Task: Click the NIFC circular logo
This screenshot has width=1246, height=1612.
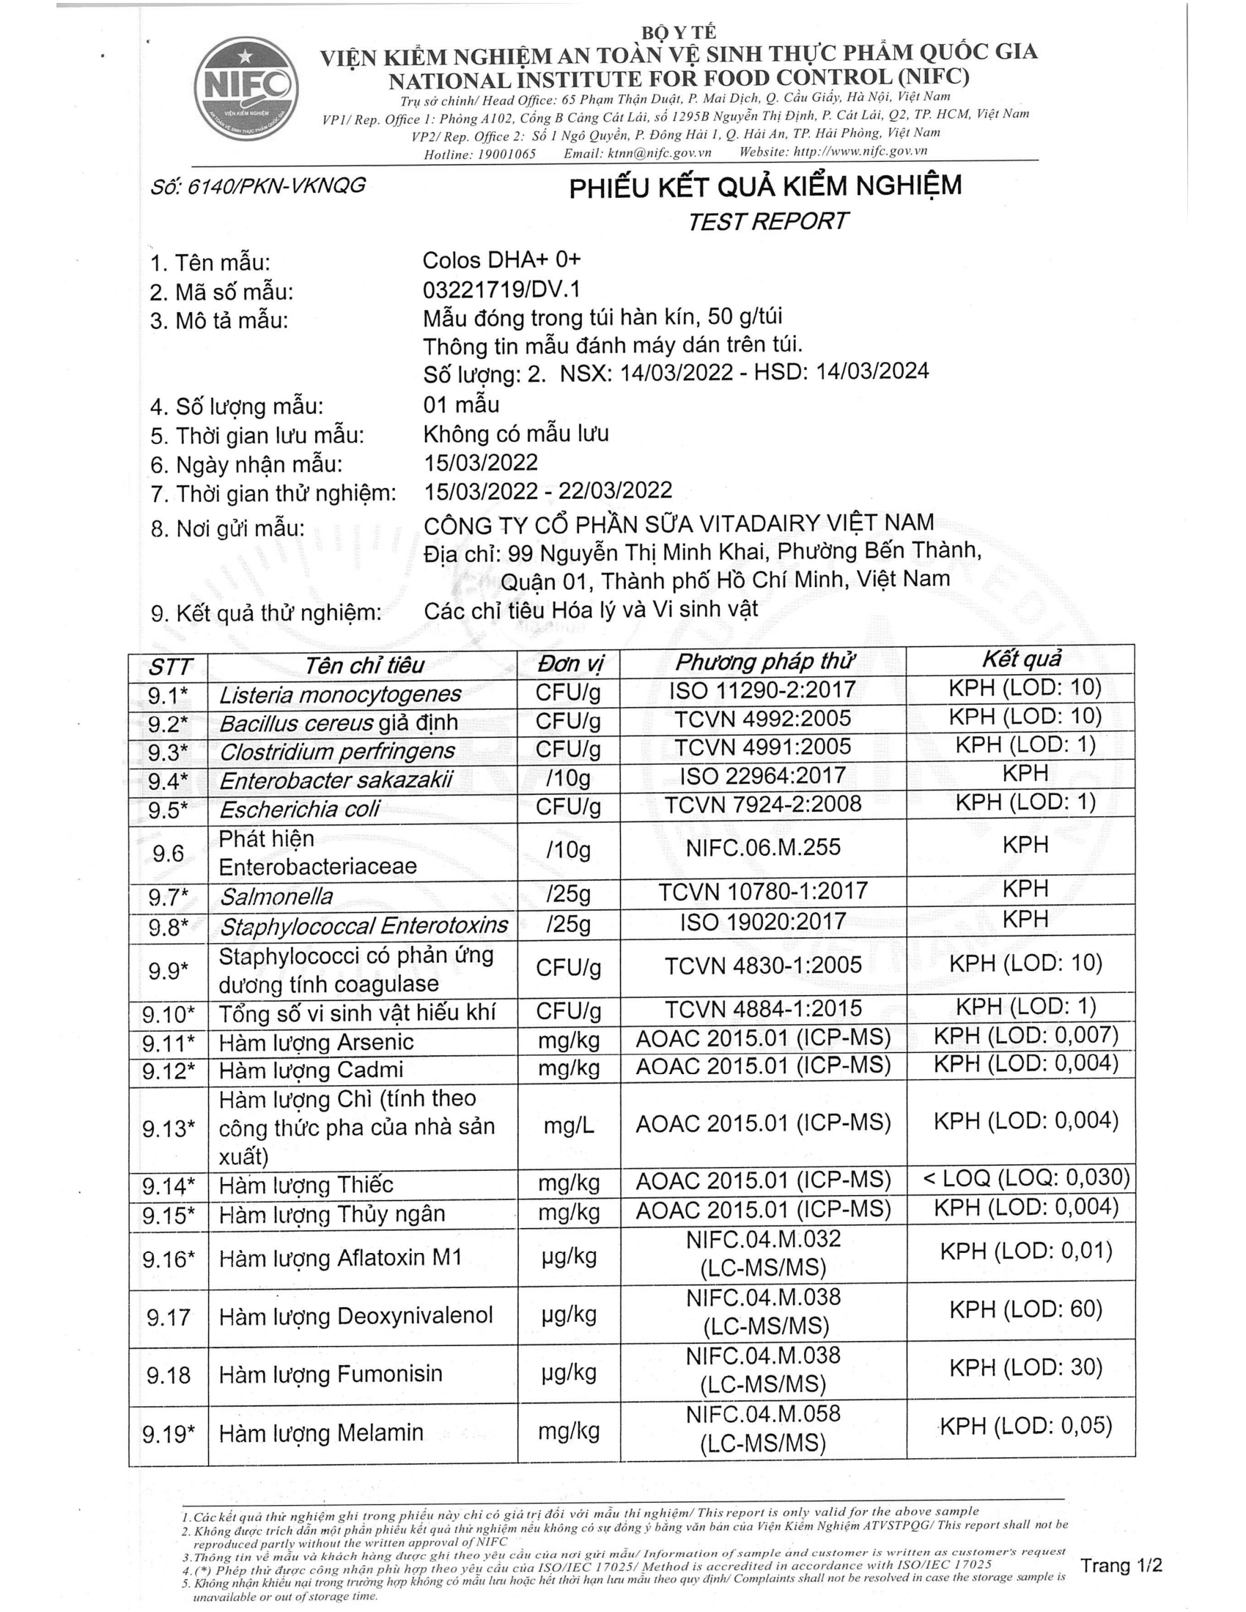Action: (x=246, y=88)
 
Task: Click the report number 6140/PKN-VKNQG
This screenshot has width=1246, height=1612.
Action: (x=257, y=185)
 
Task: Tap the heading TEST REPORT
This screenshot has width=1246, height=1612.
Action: (x=767, y=221)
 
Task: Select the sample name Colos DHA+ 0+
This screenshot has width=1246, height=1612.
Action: (x=501, y=260)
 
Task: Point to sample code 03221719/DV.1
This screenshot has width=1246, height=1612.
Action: (x=501, y=289)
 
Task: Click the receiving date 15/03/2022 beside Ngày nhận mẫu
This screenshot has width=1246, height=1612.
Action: (x=481, y=463)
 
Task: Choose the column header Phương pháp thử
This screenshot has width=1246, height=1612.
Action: (x=764, y=662)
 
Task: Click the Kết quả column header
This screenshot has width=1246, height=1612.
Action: (x=1021, y=659)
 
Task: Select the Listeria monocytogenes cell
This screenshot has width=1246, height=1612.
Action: (x=339, y=695)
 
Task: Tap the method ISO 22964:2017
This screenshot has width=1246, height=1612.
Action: (x=762, y=776)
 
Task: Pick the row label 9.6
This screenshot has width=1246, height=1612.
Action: (x=169, y=853)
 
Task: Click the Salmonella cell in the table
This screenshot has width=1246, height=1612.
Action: (x=276, y=897)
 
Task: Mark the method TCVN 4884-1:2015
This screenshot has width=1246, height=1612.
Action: (x=763, y=1009)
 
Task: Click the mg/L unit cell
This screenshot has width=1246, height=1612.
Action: (x=568, y=1126)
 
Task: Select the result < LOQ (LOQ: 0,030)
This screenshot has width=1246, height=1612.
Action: (x=1026, y=1177)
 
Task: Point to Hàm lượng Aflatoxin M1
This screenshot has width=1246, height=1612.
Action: (x=340, y=1257)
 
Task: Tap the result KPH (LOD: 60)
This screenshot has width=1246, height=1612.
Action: (x=1025, y=1309)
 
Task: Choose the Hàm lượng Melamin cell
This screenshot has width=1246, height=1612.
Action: (x=321, y=1433)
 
